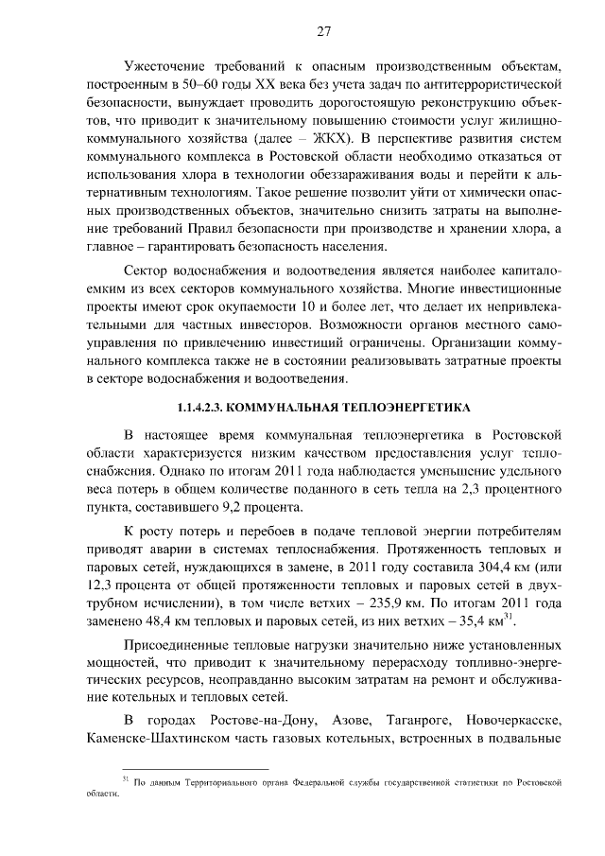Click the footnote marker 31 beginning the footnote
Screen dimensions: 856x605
pyautogui.click(x=126, y=779)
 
